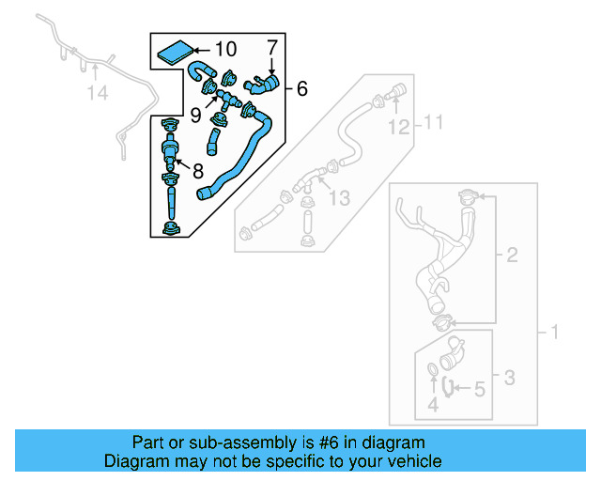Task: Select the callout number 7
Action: [x=272, y=47]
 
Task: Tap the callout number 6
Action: [x=301, y=89]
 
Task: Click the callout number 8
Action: [x=197, y=171]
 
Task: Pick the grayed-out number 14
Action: [x=99, y=92]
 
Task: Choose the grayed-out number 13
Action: [x=338, y=198]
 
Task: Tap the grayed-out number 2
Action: [x=512, y=255]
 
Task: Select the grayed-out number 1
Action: [x=553, y=333]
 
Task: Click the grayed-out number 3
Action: [x=508, y=379]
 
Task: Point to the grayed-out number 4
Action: [x=433, y=405]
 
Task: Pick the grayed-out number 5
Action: [x=478, y=386]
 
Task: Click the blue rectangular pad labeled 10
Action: [x=171, y=51]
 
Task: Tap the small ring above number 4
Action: [x=432, y=369]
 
